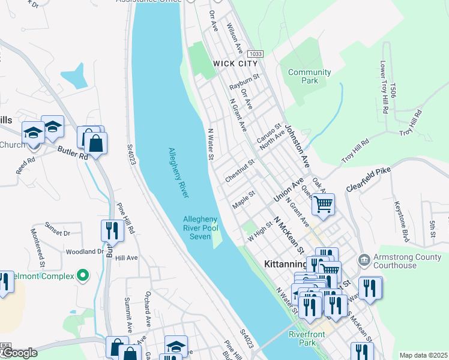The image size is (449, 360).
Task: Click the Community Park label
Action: point(309,76)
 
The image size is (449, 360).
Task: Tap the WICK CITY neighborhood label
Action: point(235,64)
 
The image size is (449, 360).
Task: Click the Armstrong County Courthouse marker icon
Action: point(364,260)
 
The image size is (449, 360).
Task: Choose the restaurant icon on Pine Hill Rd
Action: point(112,230)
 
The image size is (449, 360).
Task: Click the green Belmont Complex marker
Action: point(83,276)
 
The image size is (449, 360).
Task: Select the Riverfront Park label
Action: point(302,338)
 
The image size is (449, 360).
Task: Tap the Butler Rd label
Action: point(73,152)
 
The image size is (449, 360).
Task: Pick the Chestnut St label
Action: point(240,170)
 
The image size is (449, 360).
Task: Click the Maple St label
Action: point(244,200)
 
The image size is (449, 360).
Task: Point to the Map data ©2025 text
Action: point(424,355)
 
